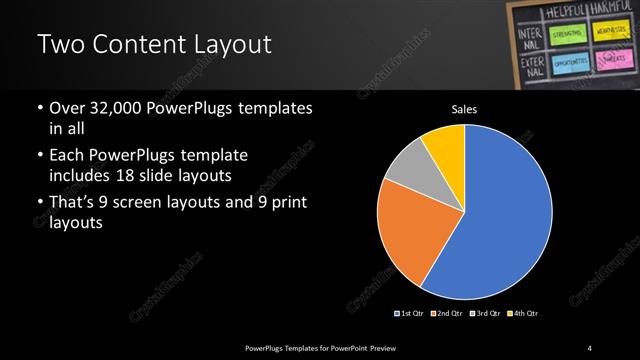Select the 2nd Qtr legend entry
click(x=446, y=313)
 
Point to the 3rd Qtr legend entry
click(x=484, y=313)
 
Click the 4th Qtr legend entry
click(x=522, y=313)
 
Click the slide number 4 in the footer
click(x=591, y=347)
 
